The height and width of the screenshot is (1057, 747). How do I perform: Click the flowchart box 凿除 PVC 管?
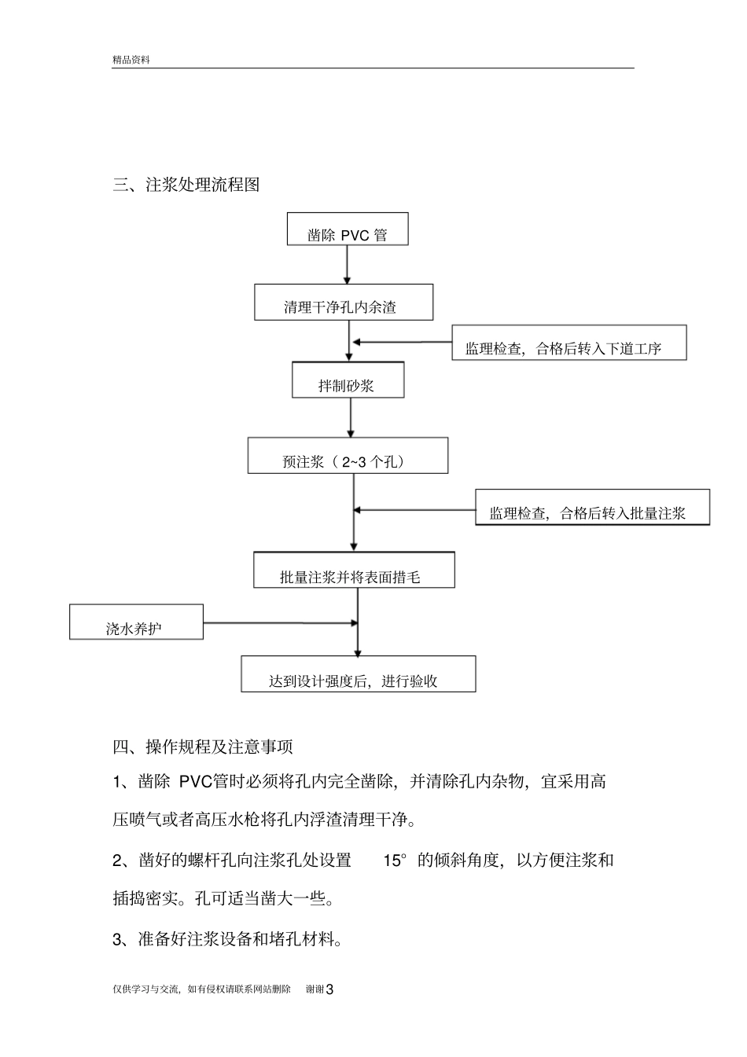pos(347,229)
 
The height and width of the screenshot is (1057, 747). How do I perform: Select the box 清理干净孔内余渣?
pos(343,303)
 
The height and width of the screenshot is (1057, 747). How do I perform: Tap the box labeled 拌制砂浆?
pos(348,380)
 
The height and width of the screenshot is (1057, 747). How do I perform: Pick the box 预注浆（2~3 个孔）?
pos(348,456)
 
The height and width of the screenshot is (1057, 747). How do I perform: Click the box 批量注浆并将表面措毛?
pos(353,570)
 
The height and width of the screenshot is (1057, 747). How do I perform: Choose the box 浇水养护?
pos(136,622)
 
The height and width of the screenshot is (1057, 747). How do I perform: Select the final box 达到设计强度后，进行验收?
pos(358,674)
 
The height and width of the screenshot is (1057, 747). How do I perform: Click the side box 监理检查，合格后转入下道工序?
pos(569,343)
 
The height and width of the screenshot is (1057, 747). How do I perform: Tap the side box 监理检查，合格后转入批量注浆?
pos(592,508)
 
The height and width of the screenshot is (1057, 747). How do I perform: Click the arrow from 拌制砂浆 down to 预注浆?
pos(351,417)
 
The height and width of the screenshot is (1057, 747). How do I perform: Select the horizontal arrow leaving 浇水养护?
pos(280,623)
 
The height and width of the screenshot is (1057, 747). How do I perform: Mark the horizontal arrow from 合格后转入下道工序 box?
pos(403,342)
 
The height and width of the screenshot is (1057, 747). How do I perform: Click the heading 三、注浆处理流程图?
pos(186,185)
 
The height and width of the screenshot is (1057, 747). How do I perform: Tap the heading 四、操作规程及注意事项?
pos(203,746)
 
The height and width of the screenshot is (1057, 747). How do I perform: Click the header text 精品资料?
pos(131,60)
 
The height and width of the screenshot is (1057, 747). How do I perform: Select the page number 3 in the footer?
pos(329,989)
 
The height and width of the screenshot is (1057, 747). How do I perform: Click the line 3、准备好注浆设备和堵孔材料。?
pos(228,938)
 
